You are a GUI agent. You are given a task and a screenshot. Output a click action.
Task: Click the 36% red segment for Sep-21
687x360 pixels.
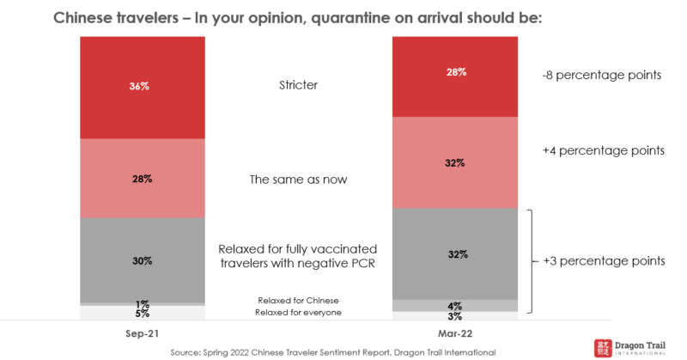pos(142,87)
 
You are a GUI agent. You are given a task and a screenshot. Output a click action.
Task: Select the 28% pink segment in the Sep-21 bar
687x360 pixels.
pos(142,178)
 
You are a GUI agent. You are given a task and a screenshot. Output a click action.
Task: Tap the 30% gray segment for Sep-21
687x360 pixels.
pos(142,259)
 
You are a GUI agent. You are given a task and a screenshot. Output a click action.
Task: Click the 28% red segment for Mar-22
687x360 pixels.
pos(454,76)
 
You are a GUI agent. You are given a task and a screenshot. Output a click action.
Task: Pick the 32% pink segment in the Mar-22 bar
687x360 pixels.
pos(454,162)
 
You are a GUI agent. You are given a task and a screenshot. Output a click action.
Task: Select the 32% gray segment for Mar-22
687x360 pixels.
pos(454,253)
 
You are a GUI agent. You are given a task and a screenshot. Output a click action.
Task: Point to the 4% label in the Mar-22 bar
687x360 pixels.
pos(454,306)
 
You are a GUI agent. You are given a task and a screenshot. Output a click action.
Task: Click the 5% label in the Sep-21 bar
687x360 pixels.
pos(142,314)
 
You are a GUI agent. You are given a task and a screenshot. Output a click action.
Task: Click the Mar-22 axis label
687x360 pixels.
pos(454,332)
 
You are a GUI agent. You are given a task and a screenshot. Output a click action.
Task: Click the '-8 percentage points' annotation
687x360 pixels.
pos(601,76)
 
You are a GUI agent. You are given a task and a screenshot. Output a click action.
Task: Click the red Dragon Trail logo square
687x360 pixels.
pos(605,347)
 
